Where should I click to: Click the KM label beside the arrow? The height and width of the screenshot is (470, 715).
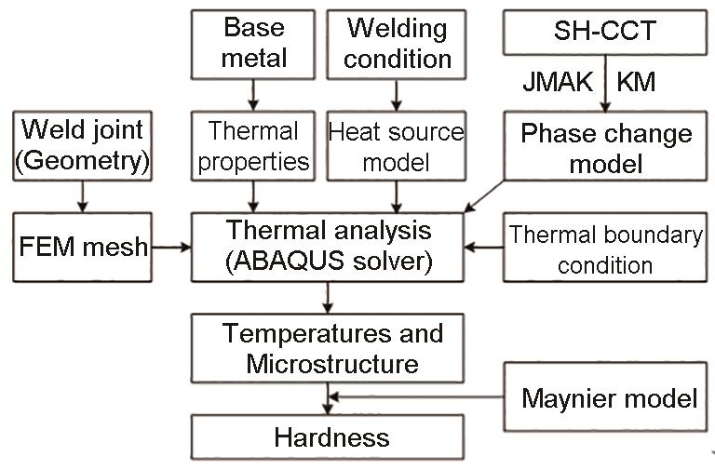tap(637, 82)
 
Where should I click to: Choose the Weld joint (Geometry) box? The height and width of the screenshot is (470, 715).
tap(83, 145)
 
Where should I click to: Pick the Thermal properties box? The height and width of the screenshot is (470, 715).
tap(253, 145)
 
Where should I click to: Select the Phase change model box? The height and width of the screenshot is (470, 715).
tap(605, 147)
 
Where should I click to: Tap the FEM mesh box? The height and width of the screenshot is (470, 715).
tap(83, 248)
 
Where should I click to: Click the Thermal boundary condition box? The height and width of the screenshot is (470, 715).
tap(605, 248)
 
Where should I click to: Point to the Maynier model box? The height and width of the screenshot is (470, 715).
tap(609, 399)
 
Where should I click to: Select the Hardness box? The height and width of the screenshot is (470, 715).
tap(327, 437)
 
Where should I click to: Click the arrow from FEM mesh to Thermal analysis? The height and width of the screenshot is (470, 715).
tap(171, 248)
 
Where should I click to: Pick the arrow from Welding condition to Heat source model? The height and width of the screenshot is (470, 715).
tap(398, 94)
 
